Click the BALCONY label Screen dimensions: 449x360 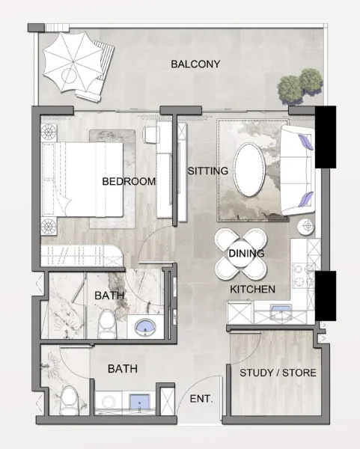coord(195,64)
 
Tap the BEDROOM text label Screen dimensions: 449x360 coord(129,182)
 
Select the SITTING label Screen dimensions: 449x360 coord(207,171)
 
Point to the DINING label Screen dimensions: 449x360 coord(246,254)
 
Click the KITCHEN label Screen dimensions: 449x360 coord(252,289)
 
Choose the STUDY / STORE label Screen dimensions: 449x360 coord(278,373)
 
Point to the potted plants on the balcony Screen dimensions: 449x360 coord(299,85)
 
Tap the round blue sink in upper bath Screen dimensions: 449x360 coord(143,326)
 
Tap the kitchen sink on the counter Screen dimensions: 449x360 coord(281,313)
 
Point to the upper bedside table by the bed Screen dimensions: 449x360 coord(49,132)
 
